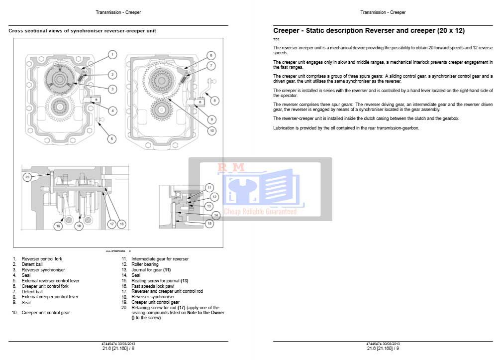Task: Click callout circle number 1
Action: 113,54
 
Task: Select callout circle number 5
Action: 111,139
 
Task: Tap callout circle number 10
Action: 211,131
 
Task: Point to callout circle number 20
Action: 28,177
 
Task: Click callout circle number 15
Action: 209,224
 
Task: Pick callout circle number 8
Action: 215,100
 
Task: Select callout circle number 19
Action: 58,227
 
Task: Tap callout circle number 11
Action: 209,187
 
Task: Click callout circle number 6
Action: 211,55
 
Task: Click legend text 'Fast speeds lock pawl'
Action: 152,286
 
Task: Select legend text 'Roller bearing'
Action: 145,264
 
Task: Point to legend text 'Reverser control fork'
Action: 42,259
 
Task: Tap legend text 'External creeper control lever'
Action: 50,297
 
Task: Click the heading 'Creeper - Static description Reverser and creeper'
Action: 369,31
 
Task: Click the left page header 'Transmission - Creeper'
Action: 118,12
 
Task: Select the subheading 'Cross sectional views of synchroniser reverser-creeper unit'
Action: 82,31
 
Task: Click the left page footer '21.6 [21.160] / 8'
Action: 118,349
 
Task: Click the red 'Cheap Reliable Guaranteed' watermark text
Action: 260,212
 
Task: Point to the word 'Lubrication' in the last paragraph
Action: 283,128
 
